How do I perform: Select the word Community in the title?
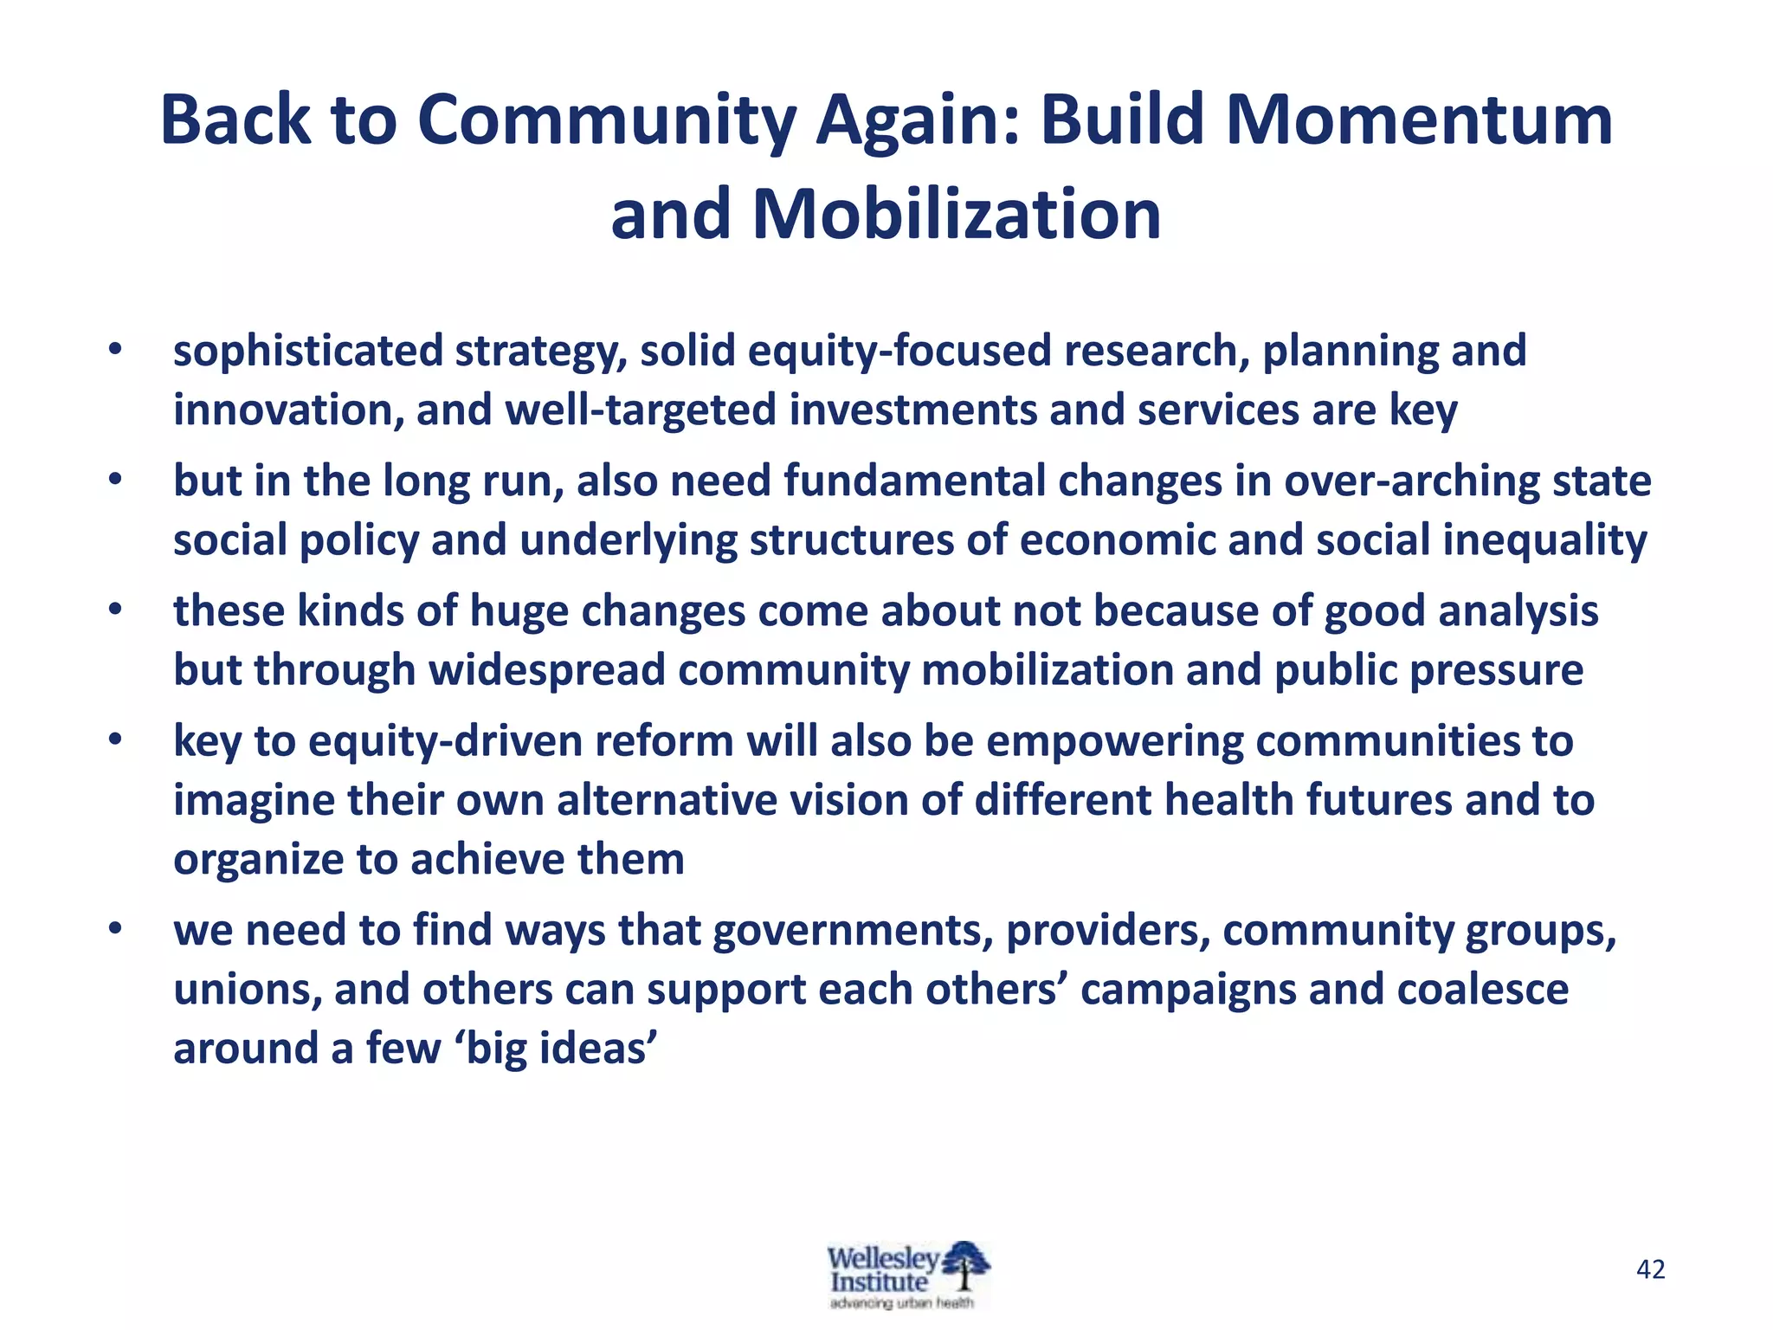[x=606, y=121]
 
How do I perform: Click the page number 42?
[x=1650, y=1269]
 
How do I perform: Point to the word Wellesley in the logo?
[x=881, y=1257]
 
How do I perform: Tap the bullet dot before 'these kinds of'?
[x=115, y=610]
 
